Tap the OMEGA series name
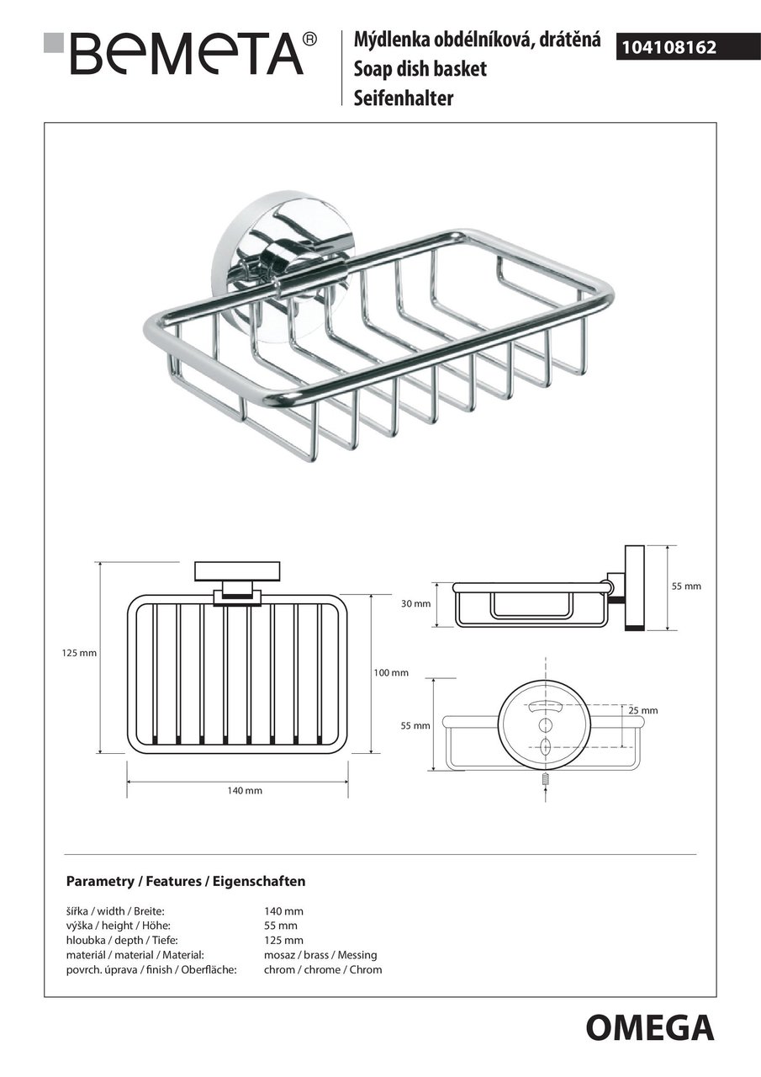(x=649, y=1028)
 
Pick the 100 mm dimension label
(x=390, y=672)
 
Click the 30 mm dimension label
(x=415, y=603)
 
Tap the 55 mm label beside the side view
(x=685, y=586)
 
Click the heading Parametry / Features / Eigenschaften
(x=185, y=882)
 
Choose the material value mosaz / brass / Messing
(x=320, y=955)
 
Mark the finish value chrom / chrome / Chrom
(x=323, y=969)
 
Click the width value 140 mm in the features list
(x=283, y=911)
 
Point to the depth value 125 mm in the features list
(x=283, y=940)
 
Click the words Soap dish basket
(x=420, y=69)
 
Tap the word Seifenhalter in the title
(x=404, y=98)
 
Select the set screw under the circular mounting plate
(x=545, y=782)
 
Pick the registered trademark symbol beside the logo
(x=309, y=38)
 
